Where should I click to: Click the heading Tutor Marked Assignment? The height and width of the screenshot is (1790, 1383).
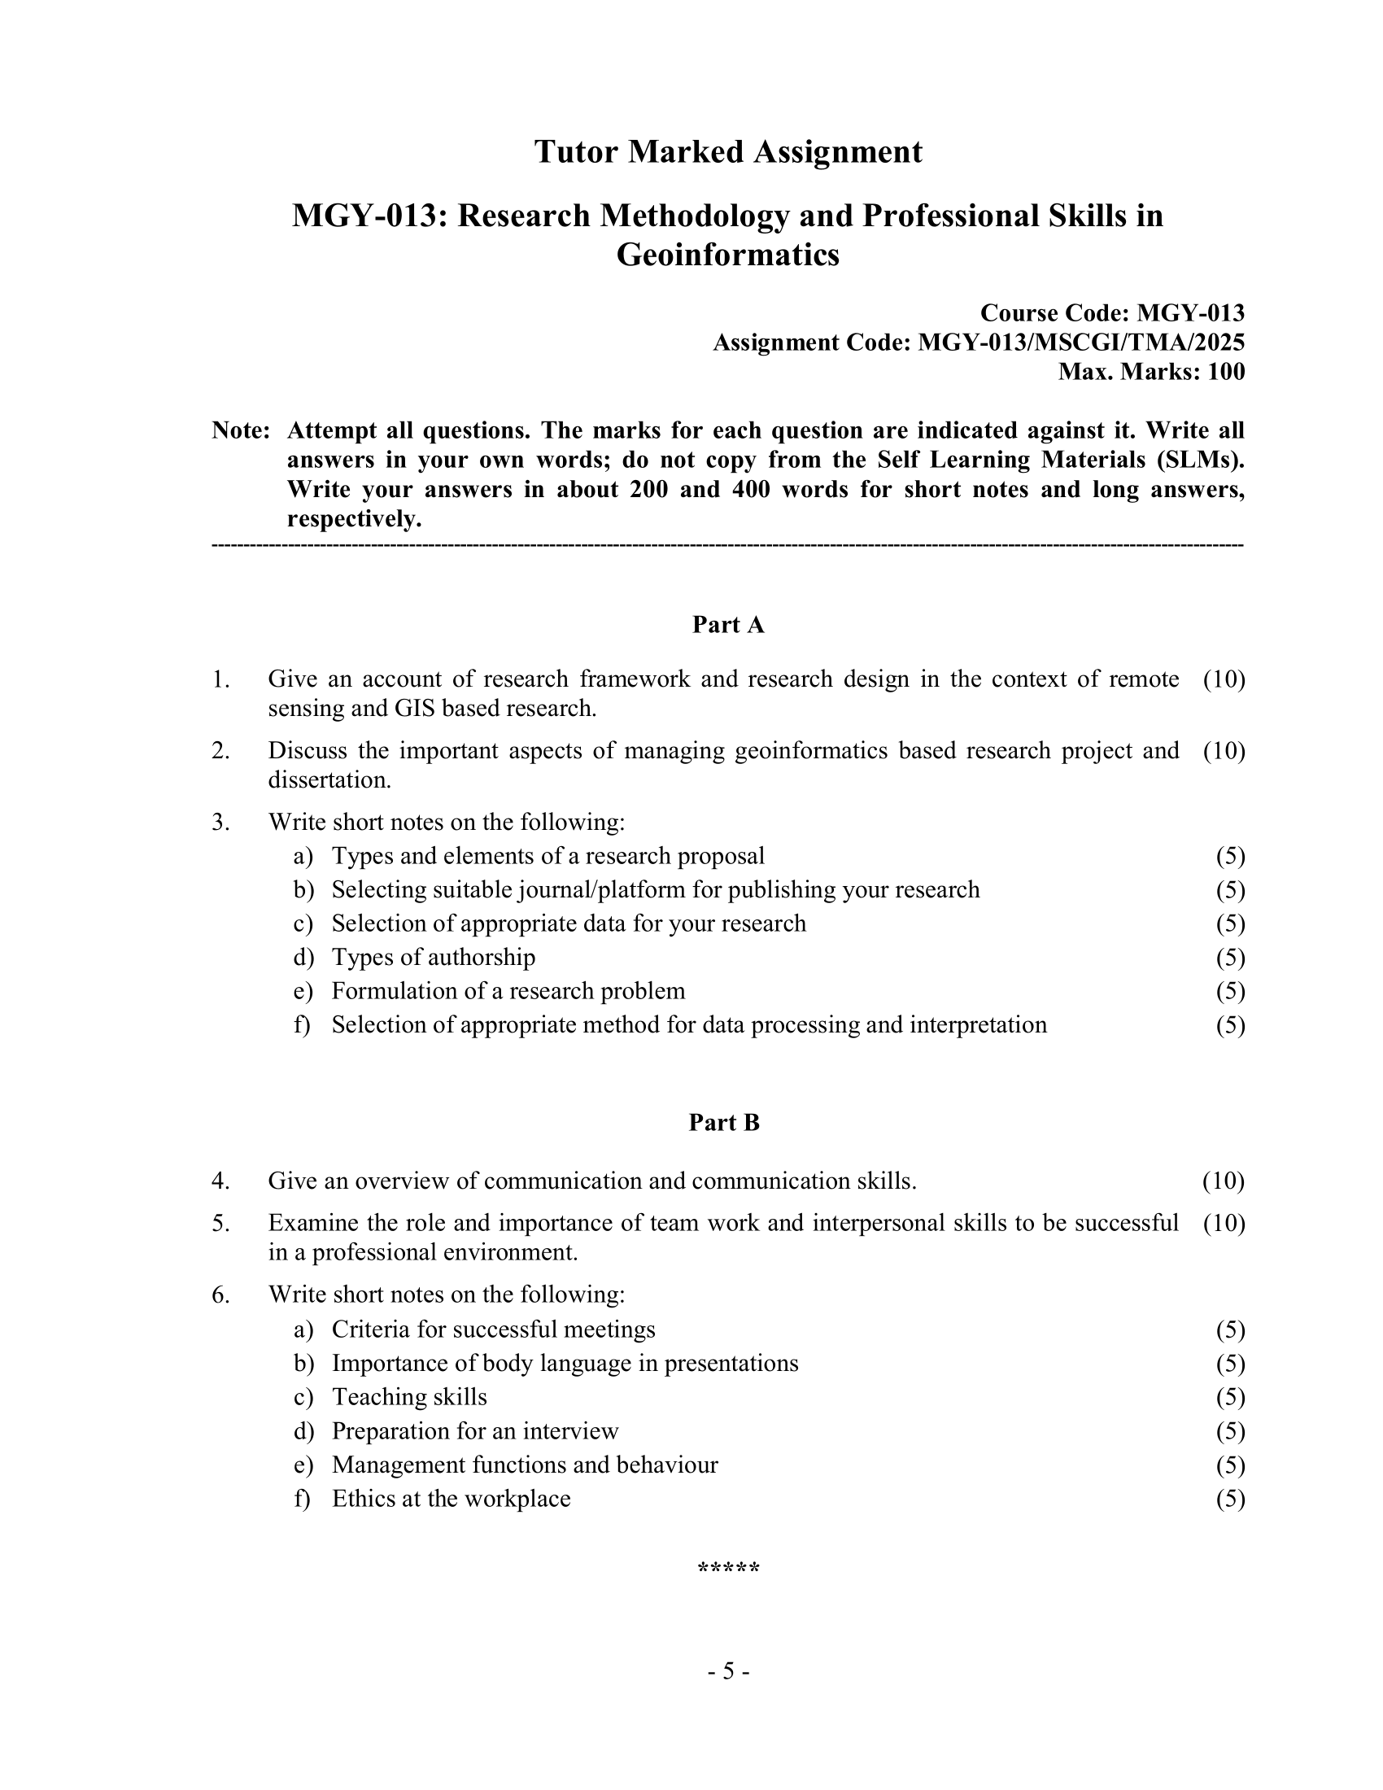(727, 152)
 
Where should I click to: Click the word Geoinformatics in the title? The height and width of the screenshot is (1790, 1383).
(727, 255)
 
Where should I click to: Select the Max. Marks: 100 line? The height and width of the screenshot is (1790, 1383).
(1150, 372)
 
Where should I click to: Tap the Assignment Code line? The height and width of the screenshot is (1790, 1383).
(978, 343)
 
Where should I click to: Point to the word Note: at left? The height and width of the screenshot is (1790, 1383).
(240, 430)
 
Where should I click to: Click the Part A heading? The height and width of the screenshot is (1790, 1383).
(727, 625)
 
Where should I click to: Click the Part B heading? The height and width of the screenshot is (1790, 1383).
(724, 1123)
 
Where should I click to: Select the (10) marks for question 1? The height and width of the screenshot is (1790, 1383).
(1224, 679)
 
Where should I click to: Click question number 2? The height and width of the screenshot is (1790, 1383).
(220, 750)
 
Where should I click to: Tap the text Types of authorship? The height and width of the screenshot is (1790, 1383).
(433, 958)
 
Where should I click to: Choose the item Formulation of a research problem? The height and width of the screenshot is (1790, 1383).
(508, 991)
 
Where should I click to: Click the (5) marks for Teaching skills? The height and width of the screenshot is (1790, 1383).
(1230, 1397)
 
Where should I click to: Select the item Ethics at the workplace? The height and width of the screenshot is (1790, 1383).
(451, 1499)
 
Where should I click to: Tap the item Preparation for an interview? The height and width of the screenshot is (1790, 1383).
(474, 1431)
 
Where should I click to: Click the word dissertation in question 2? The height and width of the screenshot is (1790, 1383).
(329, 779)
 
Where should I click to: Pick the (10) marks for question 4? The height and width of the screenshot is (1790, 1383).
(1223, 1181)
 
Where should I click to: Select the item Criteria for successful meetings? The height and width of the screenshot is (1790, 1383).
(493, 1329)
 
